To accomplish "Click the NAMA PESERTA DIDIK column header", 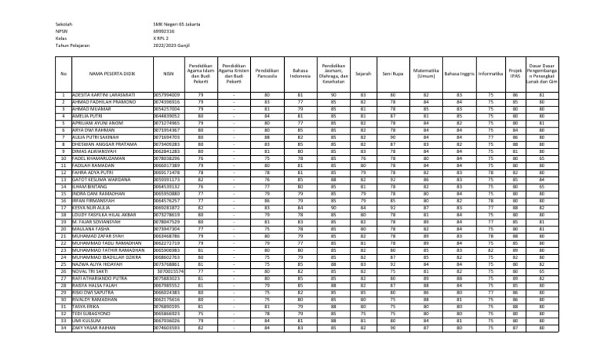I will point(107,73).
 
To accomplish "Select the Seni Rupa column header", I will point(391,73).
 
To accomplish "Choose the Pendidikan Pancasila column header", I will point(266,73).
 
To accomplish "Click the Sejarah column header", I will point(362,73).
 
